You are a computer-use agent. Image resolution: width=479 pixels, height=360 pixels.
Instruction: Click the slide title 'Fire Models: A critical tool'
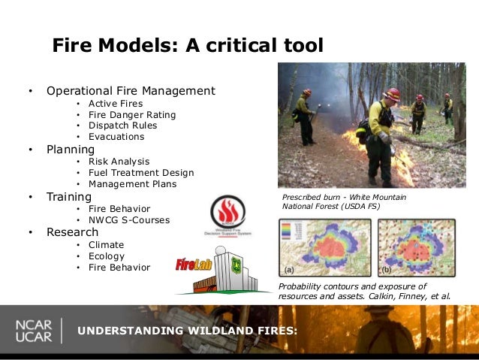(x=188, y=46)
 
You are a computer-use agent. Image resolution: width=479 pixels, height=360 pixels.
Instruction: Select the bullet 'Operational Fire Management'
(x=131, y=91)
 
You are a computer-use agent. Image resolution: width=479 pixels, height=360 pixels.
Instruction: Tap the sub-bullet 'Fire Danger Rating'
(x=131, y=114)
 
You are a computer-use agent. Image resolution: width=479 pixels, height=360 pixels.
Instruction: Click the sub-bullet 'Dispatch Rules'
(x=122, y=126)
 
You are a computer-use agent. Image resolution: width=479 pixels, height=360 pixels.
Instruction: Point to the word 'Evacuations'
(x=116, y=137)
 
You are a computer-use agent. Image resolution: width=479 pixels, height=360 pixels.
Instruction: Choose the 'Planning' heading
(x=71, y=149)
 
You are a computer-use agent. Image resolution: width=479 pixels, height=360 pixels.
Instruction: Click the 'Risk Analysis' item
(x=119, y=162)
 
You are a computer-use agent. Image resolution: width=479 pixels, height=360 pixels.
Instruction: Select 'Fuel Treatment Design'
(x=140, y=173)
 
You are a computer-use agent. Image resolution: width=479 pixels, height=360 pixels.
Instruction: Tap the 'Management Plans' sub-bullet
(x=132, y=184)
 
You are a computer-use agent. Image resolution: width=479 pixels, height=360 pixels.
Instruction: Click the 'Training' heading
(x=69, y=197)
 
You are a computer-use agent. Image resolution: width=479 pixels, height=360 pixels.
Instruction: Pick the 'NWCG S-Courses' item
(x=128, y=220)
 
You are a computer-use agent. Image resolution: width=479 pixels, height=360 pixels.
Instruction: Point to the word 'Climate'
(x=106, y=244)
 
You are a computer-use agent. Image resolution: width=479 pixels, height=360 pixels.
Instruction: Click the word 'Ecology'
(x=107, y=256)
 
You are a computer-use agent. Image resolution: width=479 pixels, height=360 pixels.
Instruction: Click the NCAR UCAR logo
(x=34, y=331)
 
